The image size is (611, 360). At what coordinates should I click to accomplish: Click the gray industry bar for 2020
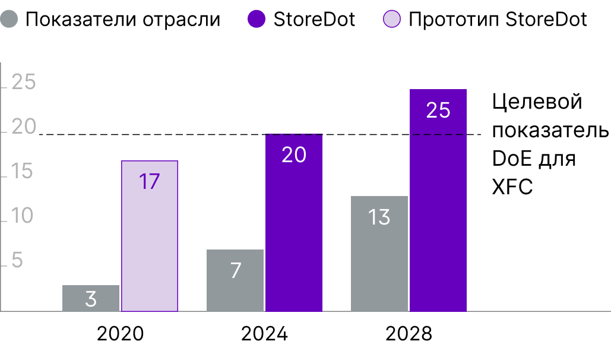point(91,298)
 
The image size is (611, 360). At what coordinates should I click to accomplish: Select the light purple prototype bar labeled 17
point(150,236)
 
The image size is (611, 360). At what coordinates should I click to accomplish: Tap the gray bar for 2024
point(235,280)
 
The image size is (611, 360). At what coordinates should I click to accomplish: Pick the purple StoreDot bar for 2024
point(294,223)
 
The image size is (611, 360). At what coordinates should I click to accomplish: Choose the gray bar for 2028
point(379,254)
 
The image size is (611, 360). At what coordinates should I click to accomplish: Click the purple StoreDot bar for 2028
point(438,200)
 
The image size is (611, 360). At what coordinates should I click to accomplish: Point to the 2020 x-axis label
point(120,334)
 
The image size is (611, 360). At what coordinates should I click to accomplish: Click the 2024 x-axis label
point(264,334)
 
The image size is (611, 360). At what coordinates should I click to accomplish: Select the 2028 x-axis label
point(409,334)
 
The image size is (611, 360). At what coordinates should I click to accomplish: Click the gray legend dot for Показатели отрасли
point(11,20)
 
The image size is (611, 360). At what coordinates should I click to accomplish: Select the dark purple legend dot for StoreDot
point(256,20)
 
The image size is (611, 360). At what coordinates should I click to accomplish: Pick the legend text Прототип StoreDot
point(498,20)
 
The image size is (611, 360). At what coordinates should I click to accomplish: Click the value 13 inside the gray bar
point(379,217)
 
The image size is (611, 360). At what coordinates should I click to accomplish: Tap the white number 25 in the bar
point(438,110)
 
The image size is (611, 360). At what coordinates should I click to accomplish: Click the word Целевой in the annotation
point(537,102)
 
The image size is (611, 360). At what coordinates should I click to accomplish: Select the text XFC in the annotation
point(512,187)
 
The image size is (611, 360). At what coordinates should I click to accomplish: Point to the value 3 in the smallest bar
point(91,299)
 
